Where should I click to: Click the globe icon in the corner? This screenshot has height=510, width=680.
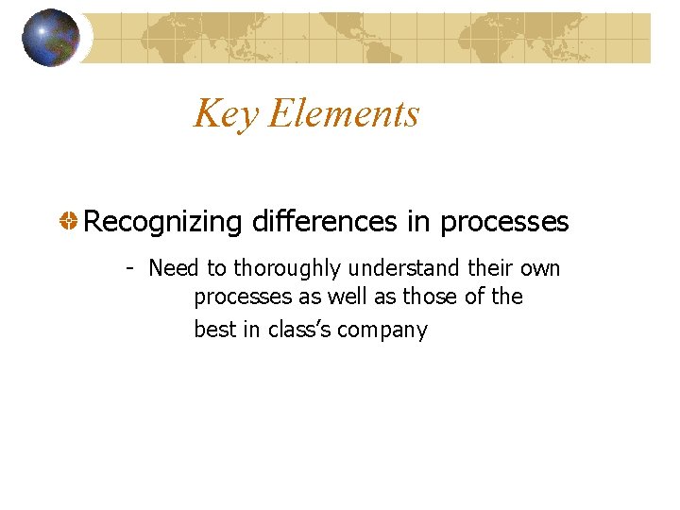click(x=50, y=38)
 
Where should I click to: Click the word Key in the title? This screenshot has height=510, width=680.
click(x=226, y=114)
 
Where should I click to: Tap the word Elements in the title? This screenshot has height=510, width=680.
click(x=344, y=114)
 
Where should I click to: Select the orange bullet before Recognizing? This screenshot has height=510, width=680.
click(x=69, y=222)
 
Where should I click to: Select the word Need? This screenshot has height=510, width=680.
click(x=174, y=269)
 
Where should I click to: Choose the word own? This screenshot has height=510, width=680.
click(x=540, y=269)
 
